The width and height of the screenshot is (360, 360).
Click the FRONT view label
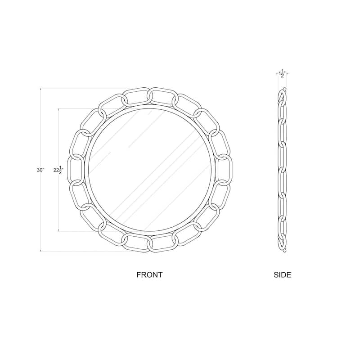coord(149,274)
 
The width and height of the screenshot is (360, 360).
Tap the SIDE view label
coord(283,274)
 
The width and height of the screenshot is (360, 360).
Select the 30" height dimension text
coord(41,170)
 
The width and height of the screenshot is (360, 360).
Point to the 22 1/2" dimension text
coord(58,170)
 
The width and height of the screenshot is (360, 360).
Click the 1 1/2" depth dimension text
coord(282,73)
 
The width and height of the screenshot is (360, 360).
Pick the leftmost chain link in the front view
coord(75,170)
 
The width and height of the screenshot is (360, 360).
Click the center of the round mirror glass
coord(149,170)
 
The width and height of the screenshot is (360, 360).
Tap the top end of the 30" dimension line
coord(41,88)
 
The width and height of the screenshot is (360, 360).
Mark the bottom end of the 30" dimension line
coord(41,251)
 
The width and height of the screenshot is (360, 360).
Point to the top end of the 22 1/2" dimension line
coord(58,108)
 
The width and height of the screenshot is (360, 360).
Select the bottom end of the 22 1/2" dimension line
coord(58,231)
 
